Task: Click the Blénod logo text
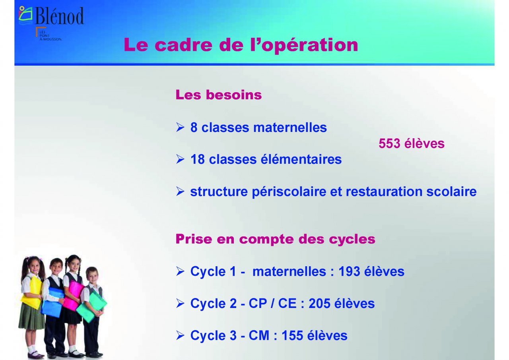point(60,15)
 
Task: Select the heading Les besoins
point(219,95)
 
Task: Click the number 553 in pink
point(389,144)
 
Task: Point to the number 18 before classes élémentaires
point(198,159)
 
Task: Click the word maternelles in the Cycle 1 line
point(289,271)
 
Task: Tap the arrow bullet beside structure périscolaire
point(180,192)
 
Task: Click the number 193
point(349,271)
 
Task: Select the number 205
point(319,304)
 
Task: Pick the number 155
point(292,336)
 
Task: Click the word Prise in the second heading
point(194,239)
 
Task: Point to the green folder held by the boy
point(92,307)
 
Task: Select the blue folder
point(53,302)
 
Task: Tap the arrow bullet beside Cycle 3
point(180,336)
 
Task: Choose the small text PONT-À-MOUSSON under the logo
point(50,37)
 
